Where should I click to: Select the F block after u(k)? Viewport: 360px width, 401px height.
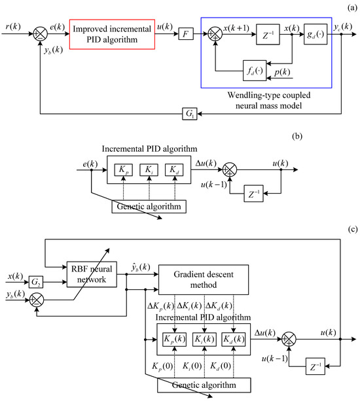click(185, 29)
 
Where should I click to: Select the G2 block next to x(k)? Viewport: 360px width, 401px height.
click(36, 281)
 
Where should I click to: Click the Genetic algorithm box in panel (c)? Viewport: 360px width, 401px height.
click(204, 385)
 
